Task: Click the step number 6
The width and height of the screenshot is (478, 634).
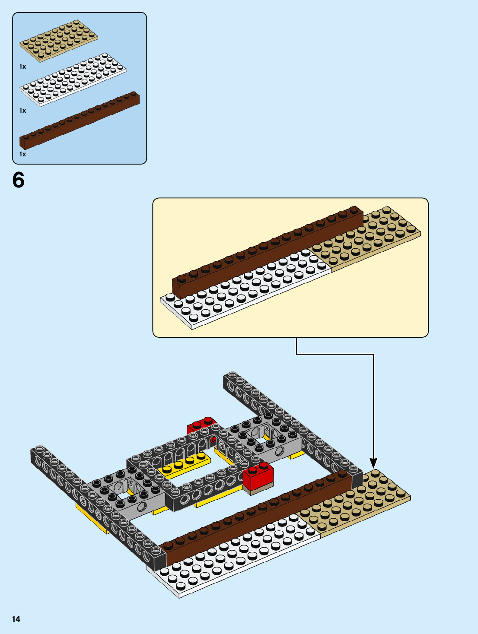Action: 19,180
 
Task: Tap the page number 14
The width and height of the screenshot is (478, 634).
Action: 16,619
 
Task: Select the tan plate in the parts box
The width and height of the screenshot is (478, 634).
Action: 58,41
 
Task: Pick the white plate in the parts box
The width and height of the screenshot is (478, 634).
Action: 73,80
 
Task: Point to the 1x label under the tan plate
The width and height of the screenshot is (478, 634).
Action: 22,67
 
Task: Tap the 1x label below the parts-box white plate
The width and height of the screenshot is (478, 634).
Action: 22,111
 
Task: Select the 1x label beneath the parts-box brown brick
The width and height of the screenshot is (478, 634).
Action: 22,154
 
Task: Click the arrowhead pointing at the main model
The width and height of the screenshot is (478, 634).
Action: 373,463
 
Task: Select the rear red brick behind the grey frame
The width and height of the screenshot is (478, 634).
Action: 201,425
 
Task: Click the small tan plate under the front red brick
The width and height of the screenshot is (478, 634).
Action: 258,489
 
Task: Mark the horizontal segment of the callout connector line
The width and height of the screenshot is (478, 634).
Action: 335,354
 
